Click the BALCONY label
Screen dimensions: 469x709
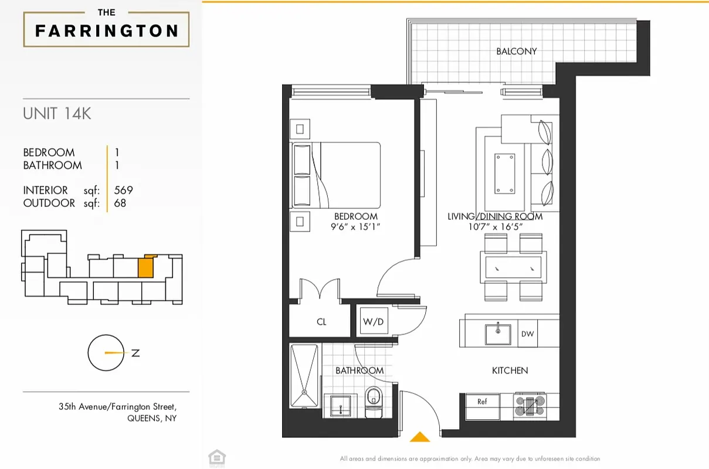[x=516, y=51]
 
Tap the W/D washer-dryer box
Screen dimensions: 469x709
[x=373, y=321]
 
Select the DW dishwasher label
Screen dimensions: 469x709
[x=527, y=334]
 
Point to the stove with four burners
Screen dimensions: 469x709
[x=530, y=405]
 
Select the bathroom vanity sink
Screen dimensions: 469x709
[x=340, y=405]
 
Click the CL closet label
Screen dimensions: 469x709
[x=321, y=322]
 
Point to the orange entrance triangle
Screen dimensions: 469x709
[x=419, y=437]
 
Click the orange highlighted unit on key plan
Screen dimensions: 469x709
[x=146, y=267]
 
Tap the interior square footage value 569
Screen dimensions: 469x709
[x=124, y=190]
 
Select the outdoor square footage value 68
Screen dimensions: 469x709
[x=120, y=203]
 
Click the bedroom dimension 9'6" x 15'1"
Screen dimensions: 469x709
[x=355, y=226]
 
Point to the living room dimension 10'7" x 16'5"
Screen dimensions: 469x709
[x=495, y=226]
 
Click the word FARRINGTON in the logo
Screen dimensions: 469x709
[x=107, y=30]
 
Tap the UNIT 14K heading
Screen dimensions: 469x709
[x=57, y=114]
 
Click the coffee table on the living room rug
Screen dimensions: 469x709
[x=504, y=173]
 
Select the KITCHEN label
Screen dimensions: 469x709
[x=510, y=371]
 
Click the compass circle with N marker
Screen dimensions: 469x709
[x=106, y=353]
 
